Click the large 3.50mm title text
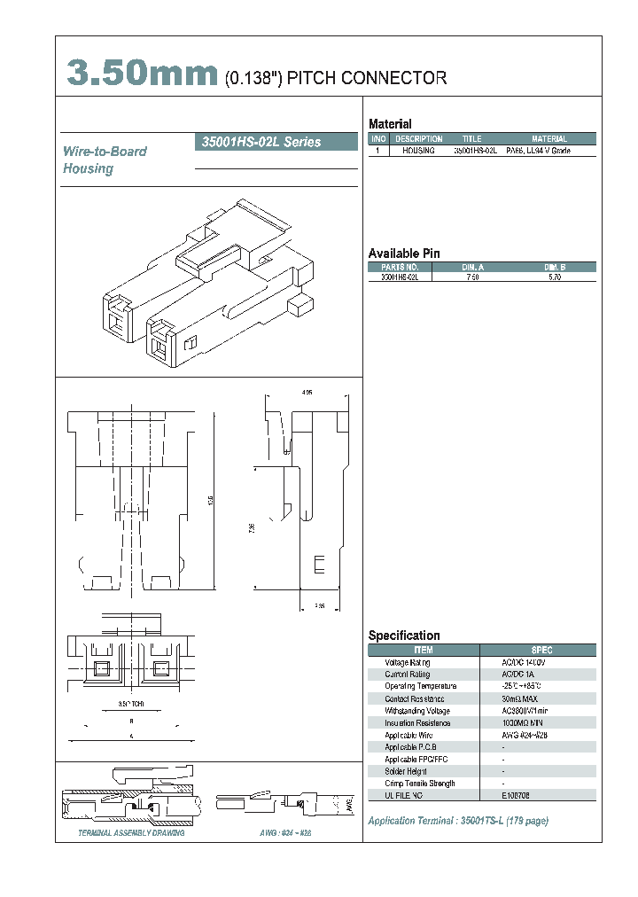coord(142,74)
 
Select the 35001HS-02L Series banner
coord(257,142)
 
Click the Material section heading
coord(390,124)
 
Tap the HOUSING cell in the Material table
coord(418,152)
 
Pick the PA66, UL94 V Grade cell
coord(538,152)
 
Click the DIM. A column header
coord(472,267)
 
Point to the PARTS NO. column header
coord(400,267)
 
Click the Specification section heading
coord(404,636)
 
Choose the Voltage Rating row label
coord(408,663)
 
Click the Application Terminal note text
coord(458,821)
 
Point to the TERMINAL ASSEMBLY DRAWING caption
coord(131,834)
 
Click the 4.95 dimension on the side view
coord(307,392)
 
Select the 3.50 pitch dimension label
coord(129,705)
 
